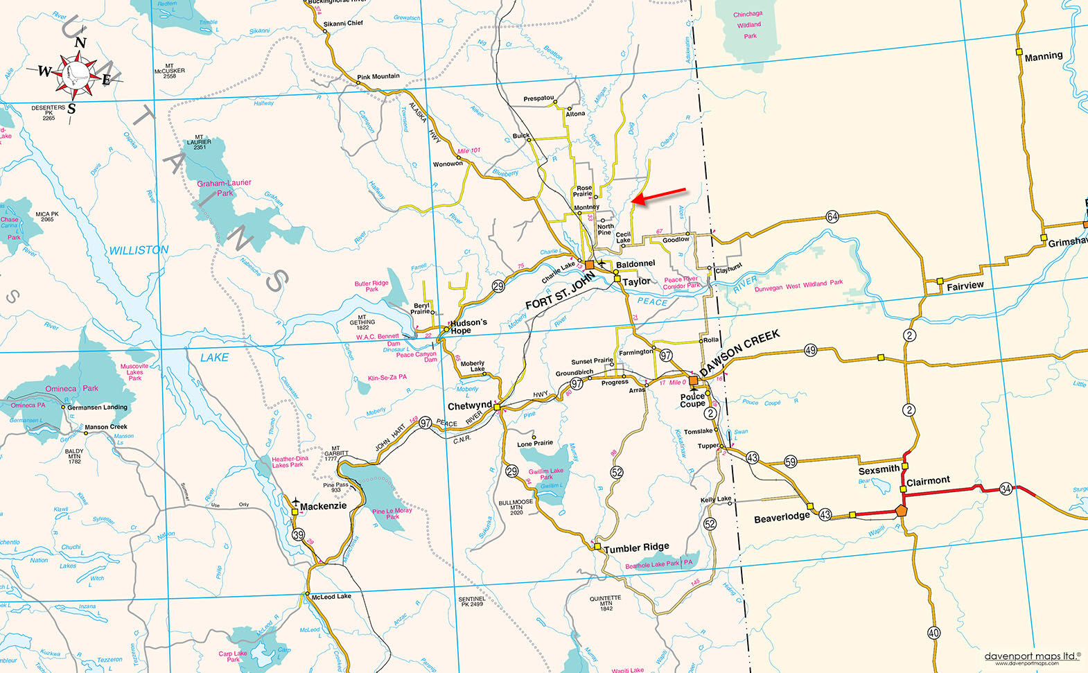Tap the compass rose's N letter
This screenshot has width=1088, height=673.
point(80,43)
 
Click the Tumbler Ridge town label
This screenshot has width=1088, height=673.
point(636,548)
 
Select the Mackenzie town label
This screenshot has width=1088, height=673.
point(323,507)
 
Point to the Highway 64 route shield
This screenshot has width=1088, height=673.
point(832,216)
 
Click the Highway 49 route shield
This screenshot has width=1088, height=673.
point(810,350)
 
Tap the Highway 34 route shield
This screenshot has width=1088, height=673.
point(1006,489)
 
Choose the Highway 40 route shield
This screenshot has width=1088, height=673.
point(933,632)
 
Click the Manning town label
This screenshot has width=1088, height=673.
point(1043,56)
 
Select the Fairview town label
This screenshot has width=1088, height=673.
point(965,286)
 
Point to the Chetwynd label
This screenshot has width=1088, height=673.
point(469,406)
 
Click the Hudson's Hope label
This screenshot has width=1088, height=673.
point(468,326)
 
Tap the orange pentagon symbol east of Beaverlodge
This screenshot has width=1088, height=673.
point(900,510)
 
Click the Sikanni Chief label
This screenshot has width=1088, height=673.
point(343,23)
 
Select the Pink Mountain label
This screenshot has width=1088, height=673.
point(378,76)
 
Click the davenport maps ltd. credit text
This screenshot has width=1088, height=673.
point(1032,656)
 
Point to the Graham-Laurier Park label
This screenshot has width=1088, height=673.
point(224,188)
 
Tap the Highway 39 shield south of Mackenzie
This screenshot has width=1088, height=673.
point(298,534)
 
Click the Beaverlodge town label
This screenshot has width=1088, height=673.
point(782,517)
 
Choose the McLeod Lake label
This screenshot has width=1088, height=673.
point(331,596)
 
